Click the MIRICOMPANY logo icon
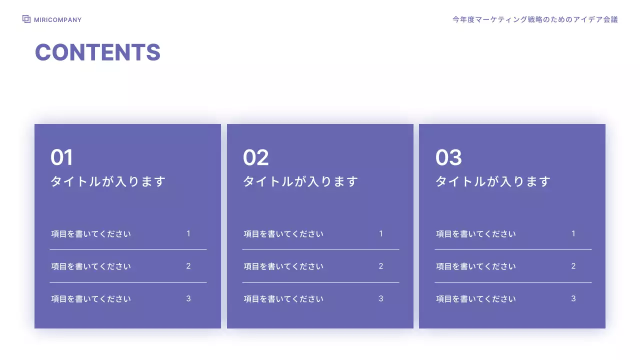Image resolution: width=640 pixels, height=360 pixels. [x=26, y=19]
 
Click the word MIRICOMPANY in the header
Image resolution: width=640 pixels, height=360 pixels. [x=57, y=20]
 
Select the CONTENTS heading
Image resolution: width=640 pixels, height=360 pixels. [x=97, y=52]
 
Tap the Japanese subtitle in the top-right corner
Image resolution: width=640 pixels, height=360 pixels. [x=535, y=19]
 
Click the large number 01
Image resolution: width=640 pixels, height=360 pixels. [x=61, y=157]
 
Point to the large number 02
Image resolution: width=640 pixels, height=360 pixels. [x=255, y=157]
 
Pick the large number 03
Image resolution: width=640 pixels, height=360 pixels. [x=448, y=157]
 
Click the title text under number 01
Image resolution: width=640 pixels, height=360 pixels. [x=107, y=181]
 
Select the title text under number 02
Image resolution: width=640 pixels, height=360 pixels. [x=300, y=181]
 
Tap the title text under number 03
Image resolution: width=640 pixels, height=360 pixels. [x=493, y=181]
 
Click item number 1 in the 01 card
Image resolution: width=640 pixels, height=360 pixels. [x=188, y=233]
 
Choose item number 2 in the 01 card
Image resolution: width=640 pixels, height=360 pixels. [x=188, y=266]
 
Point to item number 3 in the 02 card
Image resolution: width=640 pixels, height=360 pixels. [x=381, y=298]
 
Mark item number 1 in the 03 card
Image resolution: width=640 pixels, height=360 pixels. [x=573, y=233]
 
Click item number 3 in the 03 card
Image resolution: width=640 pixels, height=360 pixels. [x=573, y=298]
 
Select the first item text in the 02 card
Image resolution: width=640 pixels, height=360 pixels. [x=283, y=234]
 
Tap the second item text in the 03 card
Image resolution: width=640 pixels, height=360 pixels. [x=476, y=266]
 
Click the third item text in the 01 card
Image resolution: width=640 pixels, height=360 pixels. [x=91, y=299]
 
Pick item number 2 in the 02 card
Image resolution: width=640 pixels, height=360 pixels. [x=381, y=266]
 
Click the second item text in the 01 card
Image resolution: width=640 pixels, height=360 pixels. [x=91, y=266]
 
